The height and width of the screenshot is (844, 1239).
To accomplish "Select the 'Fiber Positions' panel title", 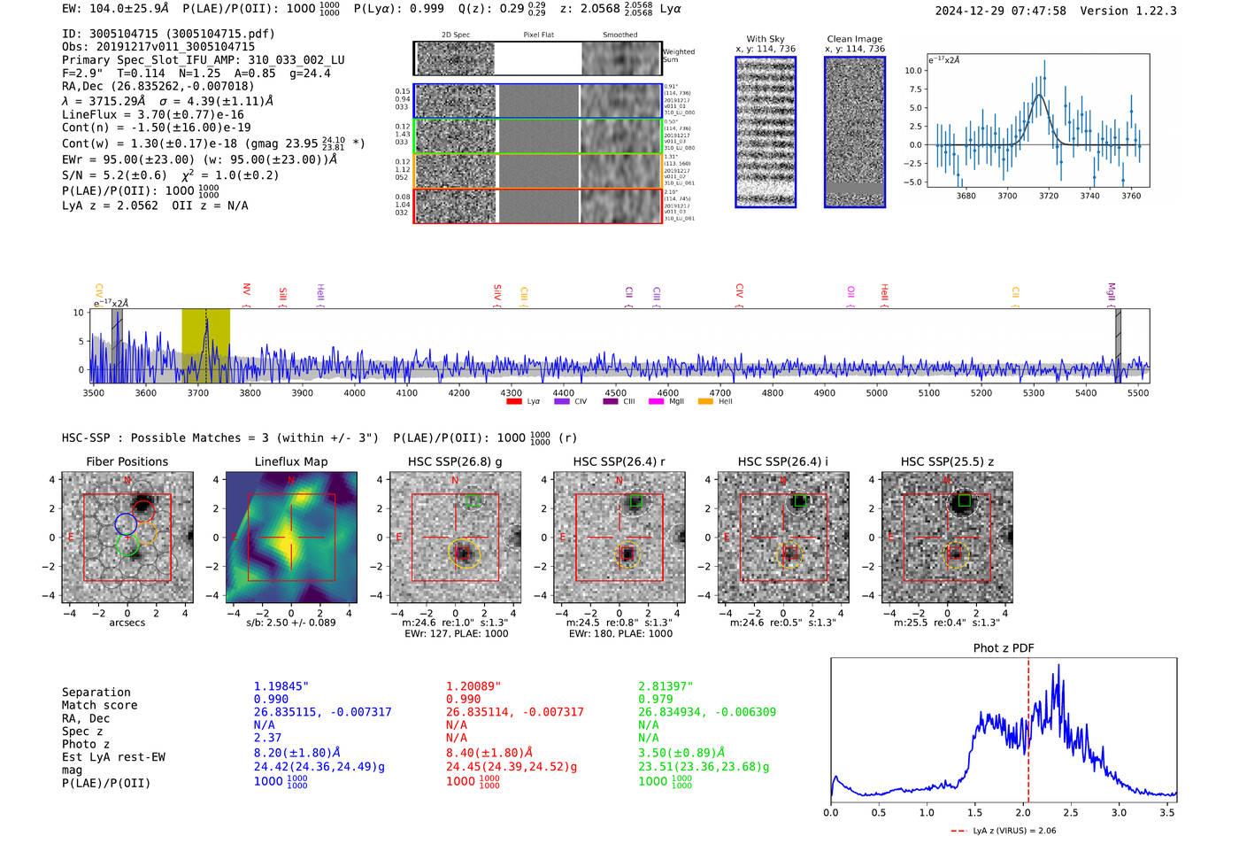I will [127, 461].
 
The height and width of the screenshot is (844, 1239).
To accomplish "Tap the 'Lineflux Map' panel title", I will [291, 461].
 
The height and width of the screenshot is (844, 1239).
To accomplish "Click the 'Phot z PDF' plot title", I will [1004, 647].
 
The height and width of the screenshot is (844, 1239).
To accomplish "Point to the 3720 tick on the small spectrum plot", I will [1049, 196].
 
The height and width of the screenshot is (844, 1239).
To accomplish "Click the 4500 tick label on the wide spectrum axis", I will [615, 392].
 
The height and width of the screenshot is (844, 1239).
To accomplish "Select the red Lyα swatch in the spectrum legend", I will [514, 402].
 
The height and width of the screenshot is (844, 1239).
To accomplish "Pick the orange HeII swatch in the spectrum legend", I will [705, 402].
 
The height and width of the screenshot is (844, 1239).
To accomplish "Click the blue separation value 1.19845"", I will [281, 686].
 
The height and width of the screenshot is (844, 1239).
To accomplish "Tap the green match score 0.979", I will [656, 699].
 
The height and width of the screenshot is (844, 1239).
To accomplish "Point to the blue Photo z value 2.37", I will [267, 738].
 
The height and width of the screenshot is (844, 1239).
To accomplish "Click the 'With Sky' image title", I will [766, 39].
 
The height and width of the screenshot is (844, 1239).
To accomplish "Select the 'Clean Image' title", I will [855, 39].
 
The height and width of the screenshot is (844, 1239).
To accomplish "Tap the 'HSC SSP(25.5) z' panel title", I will [947, 461].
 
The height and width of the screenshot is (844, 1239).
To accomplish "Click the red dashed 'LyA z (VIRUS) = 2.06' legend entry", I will [1004, 831].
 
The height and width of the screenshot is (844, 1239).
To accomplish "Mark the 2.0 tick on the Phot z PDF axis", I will [1023, 812].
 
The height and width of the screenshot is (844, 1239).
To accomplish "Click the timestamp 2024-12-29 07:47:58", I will [1000, 11].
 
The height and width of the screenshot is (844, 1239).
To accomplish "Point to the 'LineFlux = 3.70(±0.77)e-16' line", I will [153, 114].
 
